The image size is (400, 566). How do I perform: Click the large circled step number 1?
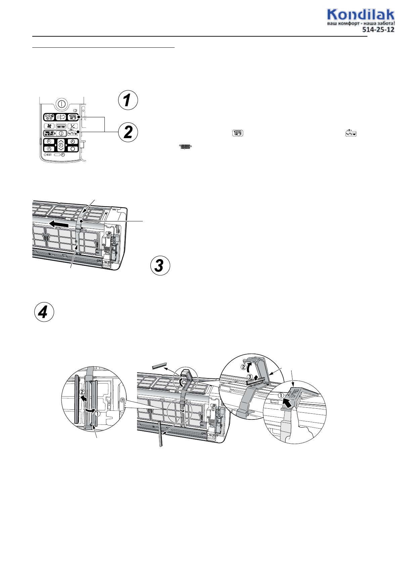(x=128, y=100)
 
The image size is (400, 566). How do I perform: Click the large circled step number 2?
(x=128, y=132)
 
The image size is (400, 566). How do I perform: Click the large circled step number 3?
(x=160, y=265)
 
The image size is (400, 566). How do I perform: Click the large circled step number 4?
(x=44, y=312)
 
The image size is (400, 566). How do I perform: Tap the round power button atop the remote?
(x=61, y=104)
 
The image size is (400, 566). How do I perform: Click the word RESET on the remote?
(x=49, y=155)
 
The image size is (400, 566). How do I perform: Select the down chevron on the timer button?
(x=61, y=149)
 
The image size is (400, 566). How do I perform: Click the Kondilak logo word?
(x=361, y=15)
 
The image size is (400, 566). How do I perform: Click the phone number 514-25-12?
(x=378, y=30)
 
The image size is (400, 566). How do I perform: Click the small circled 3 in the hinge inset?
(x=250, y=377)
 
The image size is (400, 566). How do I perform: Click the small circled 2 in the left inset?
(x=82, y=392)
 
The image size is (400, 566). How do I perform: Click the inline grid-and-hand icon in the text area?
(x=237, y=133)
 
